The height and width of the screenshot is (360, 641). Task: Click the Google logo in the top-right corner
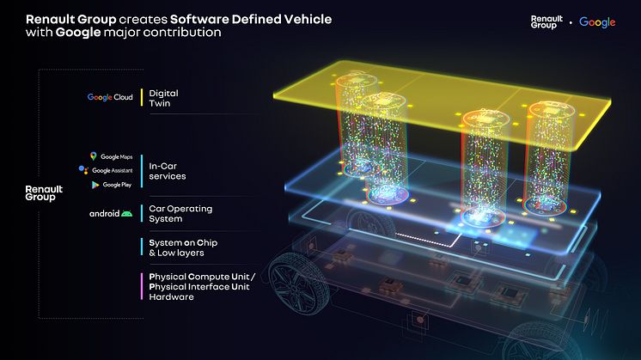[x=597, y=22]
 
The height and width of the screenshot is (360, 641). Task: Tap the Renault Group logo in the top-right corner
[x=546, y=22]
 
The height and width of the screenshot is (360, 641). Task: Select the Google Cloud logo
[x=110, y=97]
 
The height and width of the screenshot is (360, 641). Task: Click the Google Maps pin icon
[x=93, y=156]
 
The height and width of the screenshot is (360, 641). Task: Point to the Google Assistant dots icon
[x=83, y=169]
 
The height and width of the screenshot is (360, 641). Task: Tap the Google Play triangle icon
[x=95, y=185]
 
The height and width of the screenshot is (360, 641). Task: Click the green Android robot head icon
[x=126, y=213]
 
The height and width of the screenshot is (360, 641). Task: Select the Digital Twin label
[x=163, y=98]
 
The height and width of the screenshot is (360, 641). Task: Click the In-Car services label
[x=168, y=171]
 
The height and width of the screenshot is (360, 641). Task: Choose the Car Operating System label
[x=180, y=214]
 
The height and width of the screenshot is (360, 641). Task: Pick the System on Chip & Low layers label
[x=183, y=247]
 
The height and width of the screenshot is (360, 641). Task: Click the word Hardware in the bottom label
[x=171, y=297]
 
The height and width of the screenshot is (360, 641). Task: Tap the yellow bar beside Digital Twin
[x=142, y=98]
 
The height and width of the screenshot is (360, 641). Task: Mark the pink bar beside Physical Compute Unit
[x=142, y=286]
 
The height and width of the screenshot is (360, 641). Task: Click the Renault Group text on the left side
[x=44, y=192]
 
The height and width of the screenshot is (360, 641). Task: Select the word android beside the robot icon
[x=104, y=213]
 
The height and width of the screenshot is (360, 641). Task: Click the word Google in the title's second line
[x=78, y=33]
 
